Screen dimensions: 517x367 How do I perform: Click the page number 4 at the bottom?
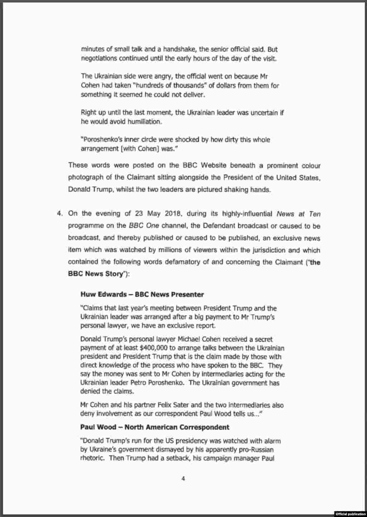point(183,479)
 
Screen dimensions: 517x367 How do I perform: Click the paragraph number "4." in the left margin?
point(60,214)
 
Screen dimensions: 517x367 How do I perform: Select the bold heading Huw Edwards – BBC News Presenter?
point(142,295)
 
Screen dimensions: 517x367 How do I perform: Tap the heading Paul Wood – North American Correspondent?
point(155,427)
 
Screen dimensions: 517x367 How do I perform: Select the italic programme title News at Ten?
point(298,214)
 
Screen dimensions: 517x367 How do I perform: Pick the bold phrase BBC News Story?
point(95,274)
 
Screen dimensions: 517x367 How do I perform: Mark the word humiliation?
point(143,121)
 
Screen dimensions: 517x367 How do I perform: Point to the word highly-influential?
point(242,214)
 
